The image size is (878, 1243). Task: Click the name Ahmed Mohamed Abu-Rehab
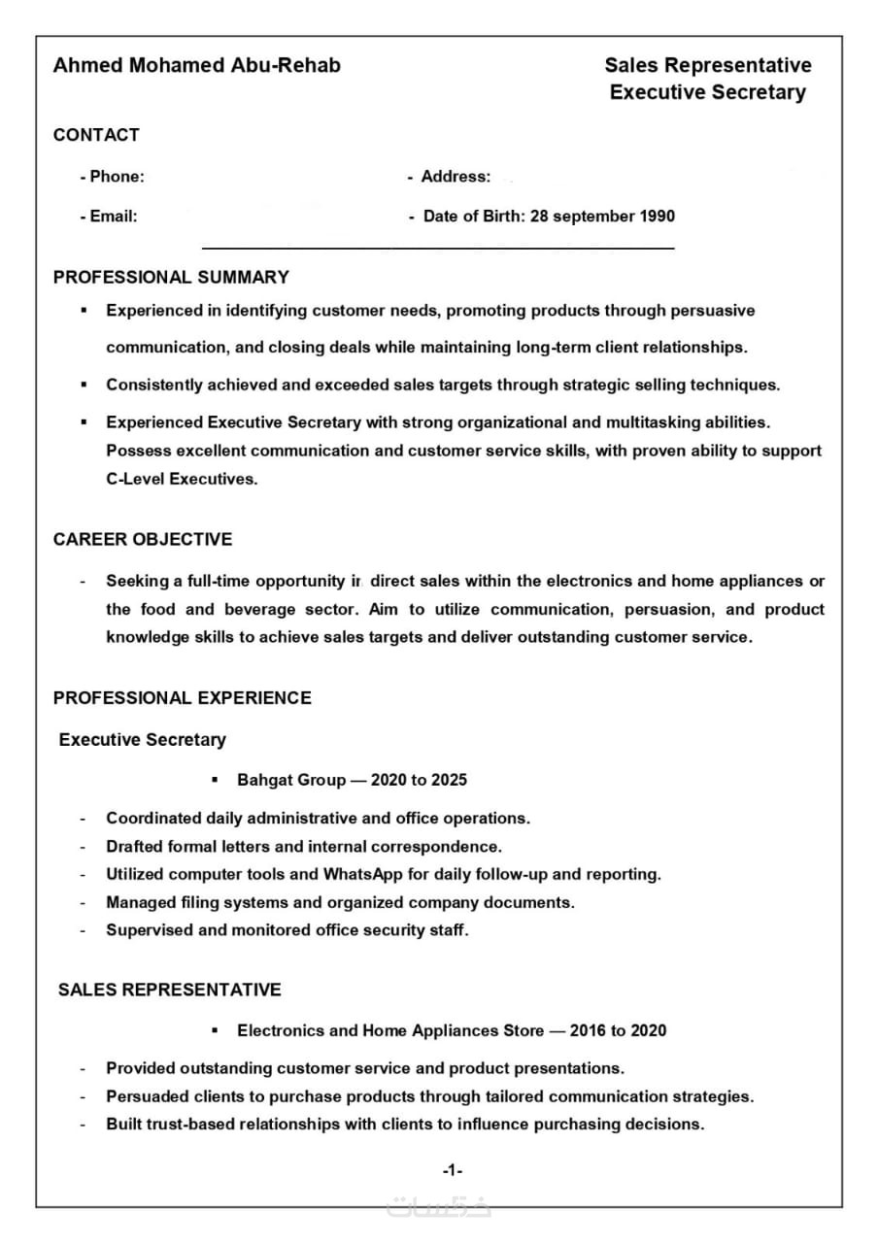pyautogui.click(x=196, y=65)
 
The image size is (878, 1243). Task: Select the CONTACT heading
pyautogui.click(x=96, y=135)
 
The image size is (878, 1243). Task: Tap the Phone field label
pyautogui.click(x=113, y=177)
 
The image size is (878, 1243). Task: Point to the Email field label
pyautogui.click(x=109, y=217)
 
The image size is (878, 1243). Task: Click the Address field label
pyautogui.click(x=455, y=177)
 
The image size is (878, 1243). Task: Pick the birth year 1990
pyautogui.click(x=656, y=217)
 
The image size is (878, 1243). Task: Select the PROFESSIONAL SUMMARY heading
pyautogui.click(x=171, y=278)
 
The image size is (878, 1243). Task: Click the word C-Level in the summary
pyautogui.click(x=135, y=479)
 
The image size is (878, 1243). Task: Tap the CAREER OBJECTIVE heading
pyautogui.click(x=143, y=540)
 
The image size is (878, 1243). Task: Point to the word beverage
pyautogui.click(x=258, y=610)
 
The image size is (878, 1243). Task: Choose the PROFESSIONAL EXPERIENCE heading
pyautogui.click(x=183, y=698)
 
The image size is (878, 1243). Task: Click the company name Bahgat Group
pyautogui.click(x=291, y=781)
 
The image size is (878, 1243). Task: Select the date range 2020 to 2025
pyautogui.click(x=419, y=781)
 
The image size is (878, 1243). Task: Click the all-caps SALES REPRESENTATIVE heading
pyautogui.click(x=170, y=991)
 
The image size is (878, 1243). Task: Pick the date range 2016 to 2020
pyautogui.click(x=618, y=1030)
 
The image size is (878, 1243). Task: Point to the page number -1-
pyautogui.click(x=452, y=1171)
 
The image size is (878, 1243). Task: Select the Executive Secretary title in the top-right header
pyautogui.click(x=707, y=92)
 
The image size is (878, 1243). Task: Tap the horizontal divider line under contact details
pyautogui.click(x=437, y=250)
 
